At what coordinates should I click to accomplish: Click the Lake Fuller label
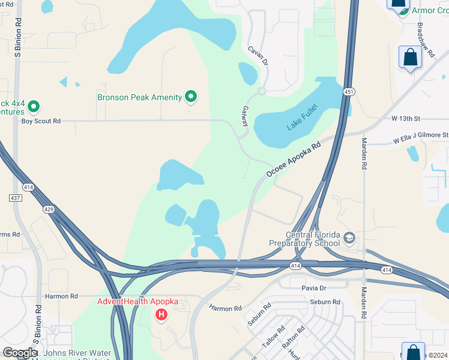(x=301, y=116)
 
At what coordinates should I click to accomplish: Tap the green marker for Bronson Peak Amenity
(x=191, y=96)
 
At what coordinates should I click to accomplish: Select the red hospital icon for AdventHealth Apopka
(x=161, y=314)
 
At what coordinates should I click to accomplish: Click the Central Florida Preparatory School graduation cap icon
(x=349, y=239)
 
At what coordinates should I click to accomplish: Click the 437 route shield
(x=16, y=197)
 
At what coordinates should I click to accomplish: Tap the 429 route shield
(x=49, y=209)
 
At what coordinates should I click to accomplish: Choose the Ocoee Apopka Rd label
(x=294, y=159)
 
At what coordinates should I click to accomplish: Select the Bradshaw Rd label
(x=426, y=41)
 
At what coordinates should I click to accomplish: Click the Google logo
(x=20, y=353)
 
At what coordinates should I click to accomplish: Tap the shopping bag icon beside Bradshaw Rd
(x=411, y=58)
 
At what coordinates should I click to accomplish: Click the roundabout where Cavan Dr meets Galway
(x=262, y=91)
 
